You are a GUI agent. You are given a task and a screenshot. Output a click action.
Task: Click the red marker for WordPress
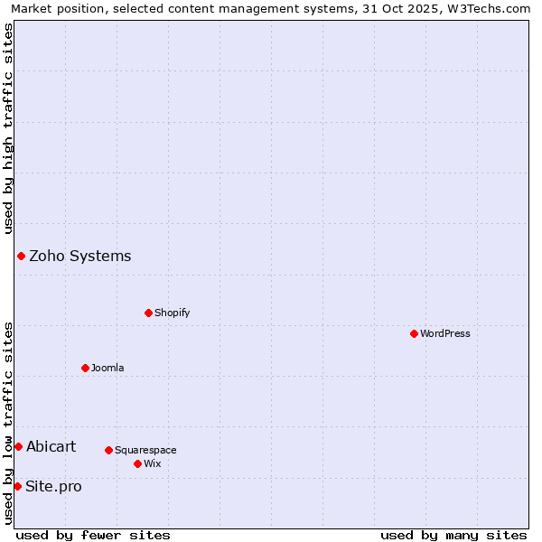414,333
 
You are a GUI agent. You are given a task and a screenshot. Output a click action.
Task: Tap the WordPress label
444,333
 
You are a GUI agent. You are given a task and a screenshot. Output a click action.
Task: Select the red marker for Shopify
149,313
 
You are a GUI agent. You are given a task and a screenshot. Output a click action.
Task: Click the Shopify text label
172,313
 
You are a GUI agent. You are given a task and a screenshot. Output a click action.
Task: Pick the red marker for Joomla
86,368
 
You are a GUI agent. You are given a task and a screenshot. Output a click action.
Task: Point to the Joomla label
107,368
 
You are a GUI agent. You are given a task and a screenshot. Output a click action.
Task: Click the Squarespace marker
108,450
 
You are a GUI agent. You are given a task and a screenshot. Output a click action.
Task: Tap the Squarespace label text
145,450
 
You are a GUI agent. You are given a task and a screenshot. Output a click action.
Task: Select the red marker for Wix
137,463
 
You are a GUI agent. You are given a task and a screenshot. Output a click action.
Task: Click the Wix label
152,463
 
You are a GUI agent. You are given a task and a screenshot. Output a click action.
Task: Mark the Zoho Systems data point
21,256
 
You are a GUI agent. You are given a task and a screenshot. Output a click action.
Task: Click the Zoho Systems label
79,256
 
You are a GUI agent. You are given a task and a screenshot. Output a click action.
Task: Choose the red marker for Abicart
18,446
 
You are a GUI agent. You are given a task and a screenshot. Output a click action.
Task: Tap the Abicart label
51,446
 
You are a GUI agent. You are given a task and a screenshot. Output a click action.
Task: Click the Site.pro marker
17,486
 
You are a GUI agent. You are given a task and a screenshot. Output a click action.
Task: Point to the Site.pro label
53,487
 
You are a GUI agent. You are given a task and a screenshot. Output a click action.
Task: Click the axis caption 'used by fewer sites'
93,535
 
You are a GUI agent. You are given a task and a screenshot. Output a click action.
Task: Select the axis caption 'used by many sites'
453,535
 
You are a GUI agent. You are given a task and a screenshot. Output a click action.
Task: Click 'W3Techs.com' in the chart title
492,8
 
